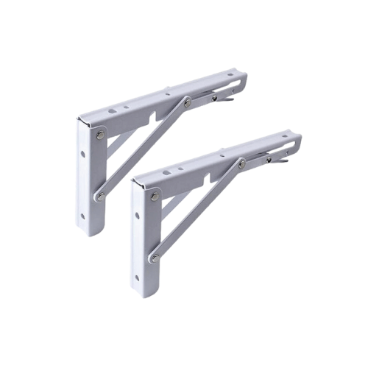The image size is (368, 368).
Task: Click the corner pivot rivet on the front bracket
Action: pos(155,197)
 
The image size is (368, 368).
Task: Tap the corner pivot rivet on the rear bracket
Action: pos(99,135)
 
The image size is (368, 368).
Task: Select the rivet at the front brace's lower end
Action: pos(155,258)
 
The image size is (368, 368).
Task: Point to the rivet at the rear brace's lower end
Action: pos(99,197)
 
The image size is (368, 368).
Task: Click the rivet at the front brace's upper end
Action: pos(241,163)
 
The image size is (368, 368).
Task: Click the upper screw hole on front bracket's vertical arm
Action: pos(137,218)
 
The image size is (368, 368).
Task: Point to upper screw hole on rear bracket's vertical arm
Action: pos(82,157)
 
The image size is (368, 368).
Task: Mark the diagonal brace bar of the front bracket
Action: pos(199,210)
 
